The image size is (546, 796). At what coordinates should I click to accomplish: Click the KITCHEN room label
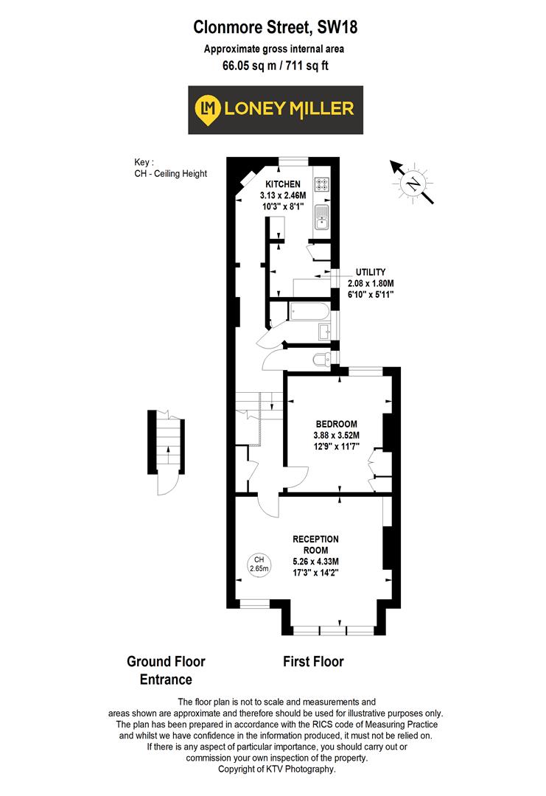[284, 184]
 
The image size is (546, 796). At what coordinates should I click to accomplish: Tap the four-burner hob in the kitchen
[323, 187]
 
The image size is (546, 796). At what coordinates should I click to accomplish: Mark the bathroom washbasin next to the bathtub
[325, 332]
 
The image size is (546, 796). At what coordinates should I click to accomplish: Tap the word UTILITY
[371, 272]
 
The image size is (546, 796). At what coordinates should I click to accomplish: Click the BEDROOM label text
[336, 424]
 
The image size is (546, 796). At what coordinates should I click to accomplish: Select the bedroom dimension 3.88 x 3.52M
[336, 436]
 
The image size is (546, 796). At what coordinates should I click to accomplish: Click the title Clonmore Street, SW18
[275, 28]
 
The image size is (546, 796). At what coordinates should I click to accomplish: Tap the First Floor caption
[313, 661]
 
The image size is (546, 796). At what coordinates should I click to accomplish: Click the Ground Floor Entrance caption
[166, 670]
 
